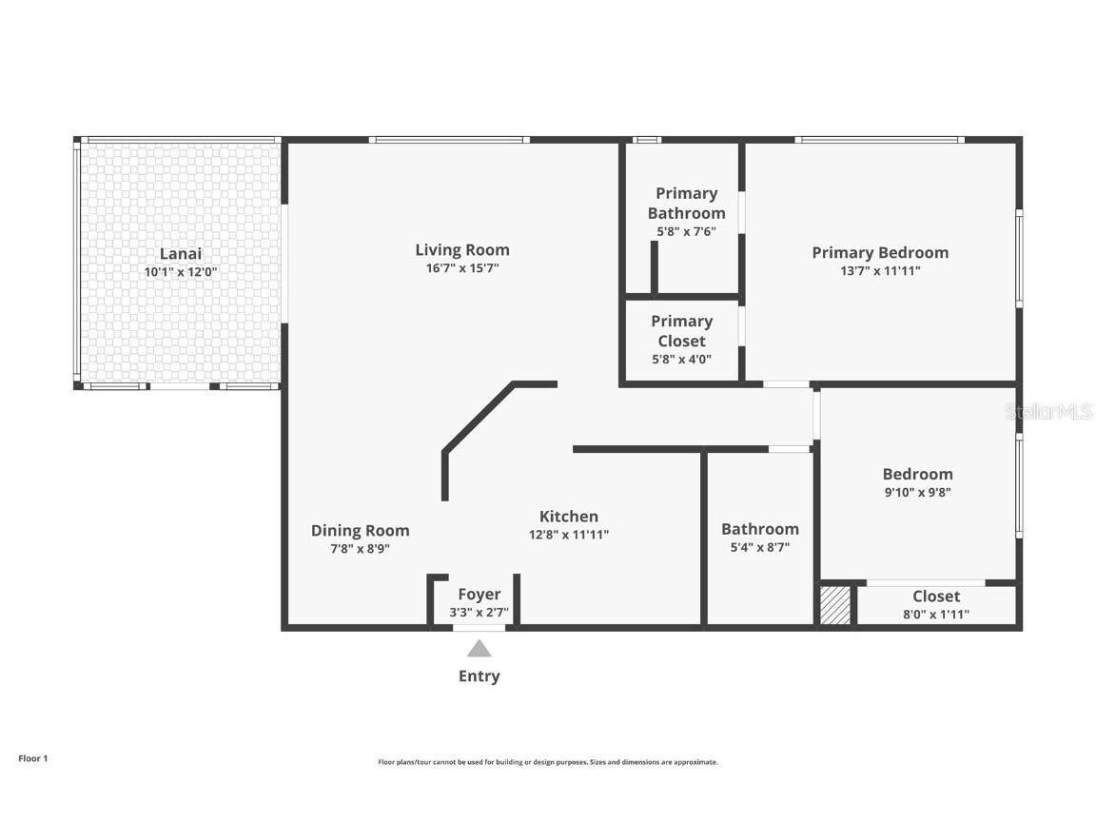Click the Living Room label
click(x=462, y=250)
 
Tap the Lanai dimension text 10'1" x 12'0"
click(x=180, y=272)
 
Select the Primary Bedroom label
click(x=880, y=252)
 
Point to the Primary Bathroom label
click(x=686, y=203)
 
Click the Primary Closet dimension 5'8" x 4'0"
click(x=681, y=360)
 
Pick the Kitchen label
click(x=569, y=517)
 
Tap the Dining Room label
click(x=360, y=531)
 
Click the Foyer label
click(x=479, y=595)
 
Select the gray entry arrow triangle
click(x=479, y=649)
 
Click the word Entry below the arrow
click(x=479, y=676)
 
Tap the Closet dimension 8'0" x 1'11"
click(x=936, y=615)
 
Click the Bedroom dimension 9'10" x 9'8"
click(x=917, y=493)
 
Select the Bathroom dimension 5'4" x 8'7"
click(x=759, y=548)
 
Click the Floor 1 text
click(x=32, y=758)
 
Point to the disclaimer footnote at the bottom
click(x=548, y=762)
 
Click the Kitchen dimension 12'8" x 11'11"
click(x=569, y=535)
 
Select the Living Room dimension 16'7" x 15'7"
click(x=462, y=268)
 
